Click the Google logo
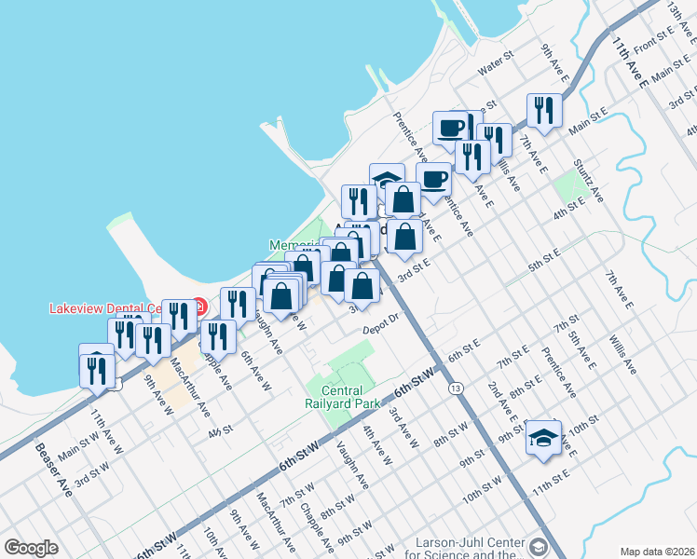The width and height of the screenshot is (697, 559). click(x=31, y=548)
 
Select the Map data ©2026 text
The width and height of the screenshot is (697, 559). click(x=657, y=551)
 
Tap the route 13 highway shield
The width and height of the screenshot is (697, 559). click(x=455, y=388)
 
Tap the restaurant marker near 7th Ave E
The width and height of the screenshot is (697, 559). click(x=542, y=111)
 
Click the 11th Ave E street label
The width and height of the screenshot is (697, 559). click(x=631, y=62)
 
